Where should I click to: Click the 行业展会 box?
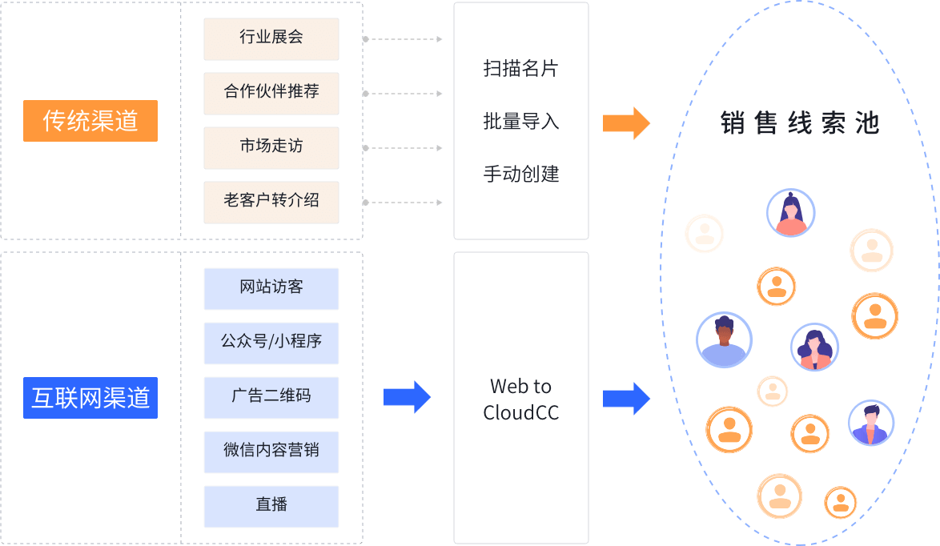(x=271, y=38)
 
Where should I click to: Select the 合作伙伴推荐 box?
(x=271, y=93)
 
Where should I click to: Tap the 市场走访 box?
(x=271, y=147)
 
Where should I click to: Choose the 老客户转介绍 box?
(x=271, y=202)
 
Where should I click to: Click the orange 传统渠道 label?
(x=90, y=121)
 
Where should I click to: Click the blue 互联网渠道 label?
(x=90, y=398)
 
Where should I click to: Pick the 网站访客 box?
(x=271, y=288)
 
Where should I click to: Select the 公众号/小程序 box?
(x=271, y=343)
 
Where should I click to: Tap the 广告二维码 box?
(x=271, y=397)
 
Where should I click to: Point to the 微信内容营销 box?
(x=271, y=452)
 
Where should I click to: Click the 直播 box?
(x=271, y=506)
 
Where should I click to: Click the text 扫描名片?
(x=520, y=69)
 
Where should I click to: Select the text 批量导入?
(x=520, y=122)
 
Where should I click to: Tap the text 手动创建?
(x=520, y=175)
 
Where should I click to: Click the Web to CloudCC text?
(x=520, y=399)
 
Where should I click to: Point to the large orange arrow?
(x=626, y=122)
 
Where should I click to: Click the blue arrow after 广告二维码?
(x=408, y=397)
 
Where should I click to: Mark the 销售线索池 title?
(x=800, y=123)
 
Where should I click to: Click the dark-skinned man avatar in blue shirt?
(x=724, y=340)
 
